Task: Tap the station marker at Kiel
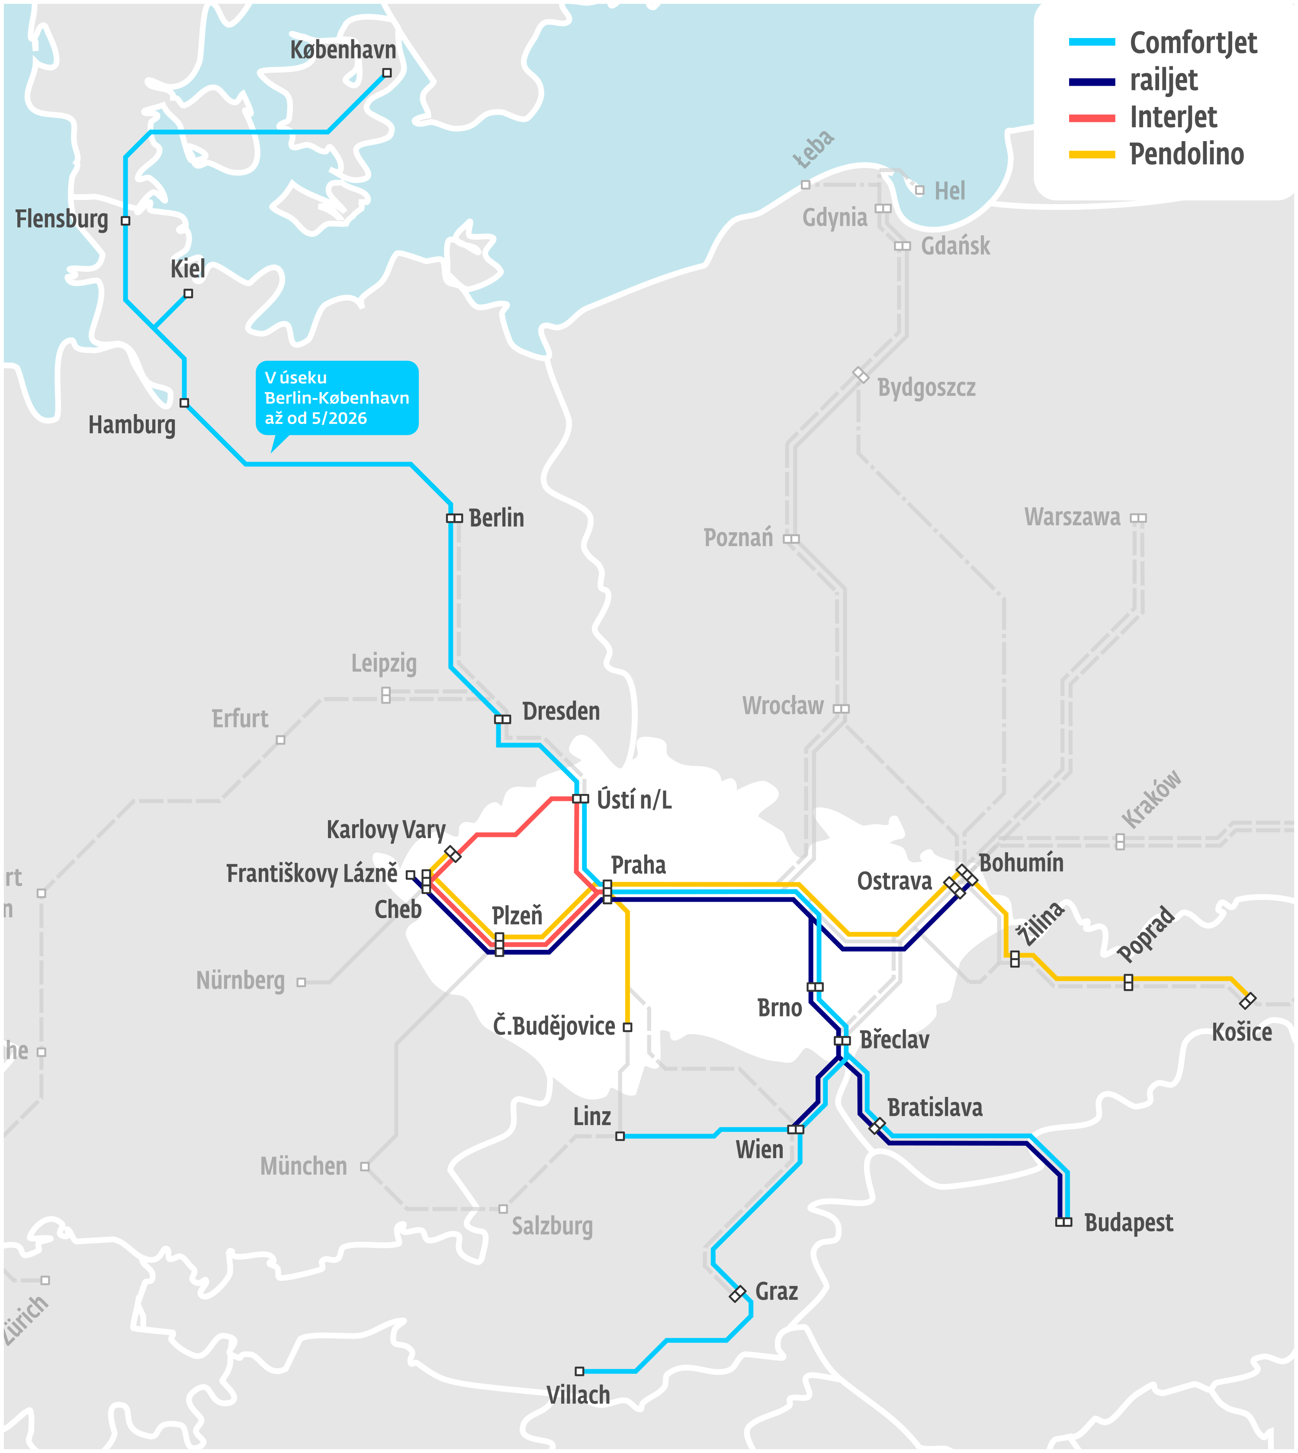(188, 293)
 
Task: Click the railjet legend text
(1164, 80)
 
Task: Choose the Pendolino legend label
(1187, 154)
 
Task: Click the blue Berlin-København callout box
(337, 398)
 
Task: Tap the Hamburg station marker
(184, 403)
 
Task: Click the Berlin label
(496, 518)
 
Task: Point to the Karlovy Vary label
(386, 829)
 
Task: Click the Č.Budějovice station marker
(628, 1027)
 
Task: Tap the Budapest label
(1128, 1223)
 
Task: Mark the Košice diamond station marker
(1247, 1001)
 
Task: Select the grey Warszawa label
(1072, 517)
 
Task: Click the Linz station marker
(620, 1136)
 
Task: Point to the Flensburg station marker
(125, 221)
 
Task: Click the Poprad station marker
(1128, 982)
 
